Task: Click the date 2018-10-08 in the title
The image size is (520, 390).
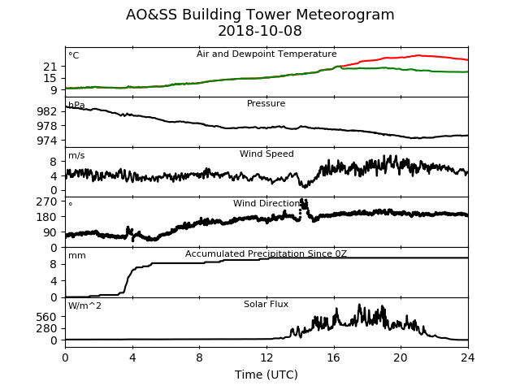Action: pyautogui.click(x=260, y=31)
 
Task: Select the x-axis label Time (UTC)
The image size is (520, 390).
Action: pyautogui.click(x=266, y=375)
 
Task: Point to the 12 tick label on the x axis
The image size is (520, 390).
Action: pyautogui.click(x=266, y=357)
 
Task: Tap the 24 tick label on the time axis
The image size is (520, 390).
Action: pyautogui.click(x=468, y=357)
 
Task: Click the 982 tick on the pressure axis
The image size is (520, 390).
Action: pyautogui.click(x=47, y=111)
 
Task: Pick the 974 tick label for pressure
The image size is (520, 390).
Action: pyautogui.click(x=47, y=141)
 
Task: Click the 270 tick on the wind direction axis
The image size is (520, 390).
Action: pyautogui.click(x=47, y=201)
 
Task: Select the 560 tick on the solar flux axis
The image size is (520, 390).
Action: pyautogui.click(x=47, y=317)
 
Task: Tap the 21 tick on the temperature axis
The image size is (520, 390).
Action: pyautogui.click(x=50, y=67)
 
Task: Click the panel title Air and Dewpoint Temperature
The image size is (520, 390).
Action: pyautogui.click(x=266, y=54)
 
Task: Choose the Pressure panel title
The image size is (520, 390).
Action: pyautogui.click(x=266, y=103)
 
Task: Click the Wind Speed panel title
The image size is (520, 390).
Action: pyautogui.click(x=266, y=154)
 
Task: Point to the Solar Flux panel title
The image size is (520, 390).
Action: pyautogui.click(x=266, y=304)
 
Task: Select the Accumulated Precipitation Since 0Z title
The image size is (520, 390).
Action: pyautogui.click(x=266, y=253)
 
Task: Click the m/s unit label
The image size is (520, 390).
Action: pyautogui.click(x=76, y=155)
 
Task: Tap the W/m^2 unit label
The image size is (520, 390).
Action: pyautogui.click(x=84, y=305)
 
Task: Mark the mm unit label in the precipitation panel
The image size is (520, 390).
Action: pyautogui.click(x=77, y=256)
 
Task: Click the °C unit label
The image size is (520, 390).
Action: pyautogui.click(x=74, y=55)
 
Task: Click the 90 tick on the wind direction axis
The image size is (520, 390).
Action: pyautogui.click(x=50, y=232)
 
